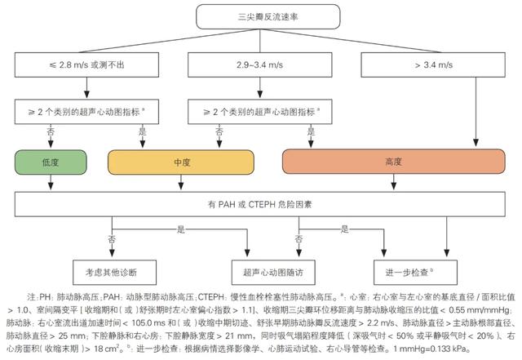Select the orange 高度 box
coord(394,162)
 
